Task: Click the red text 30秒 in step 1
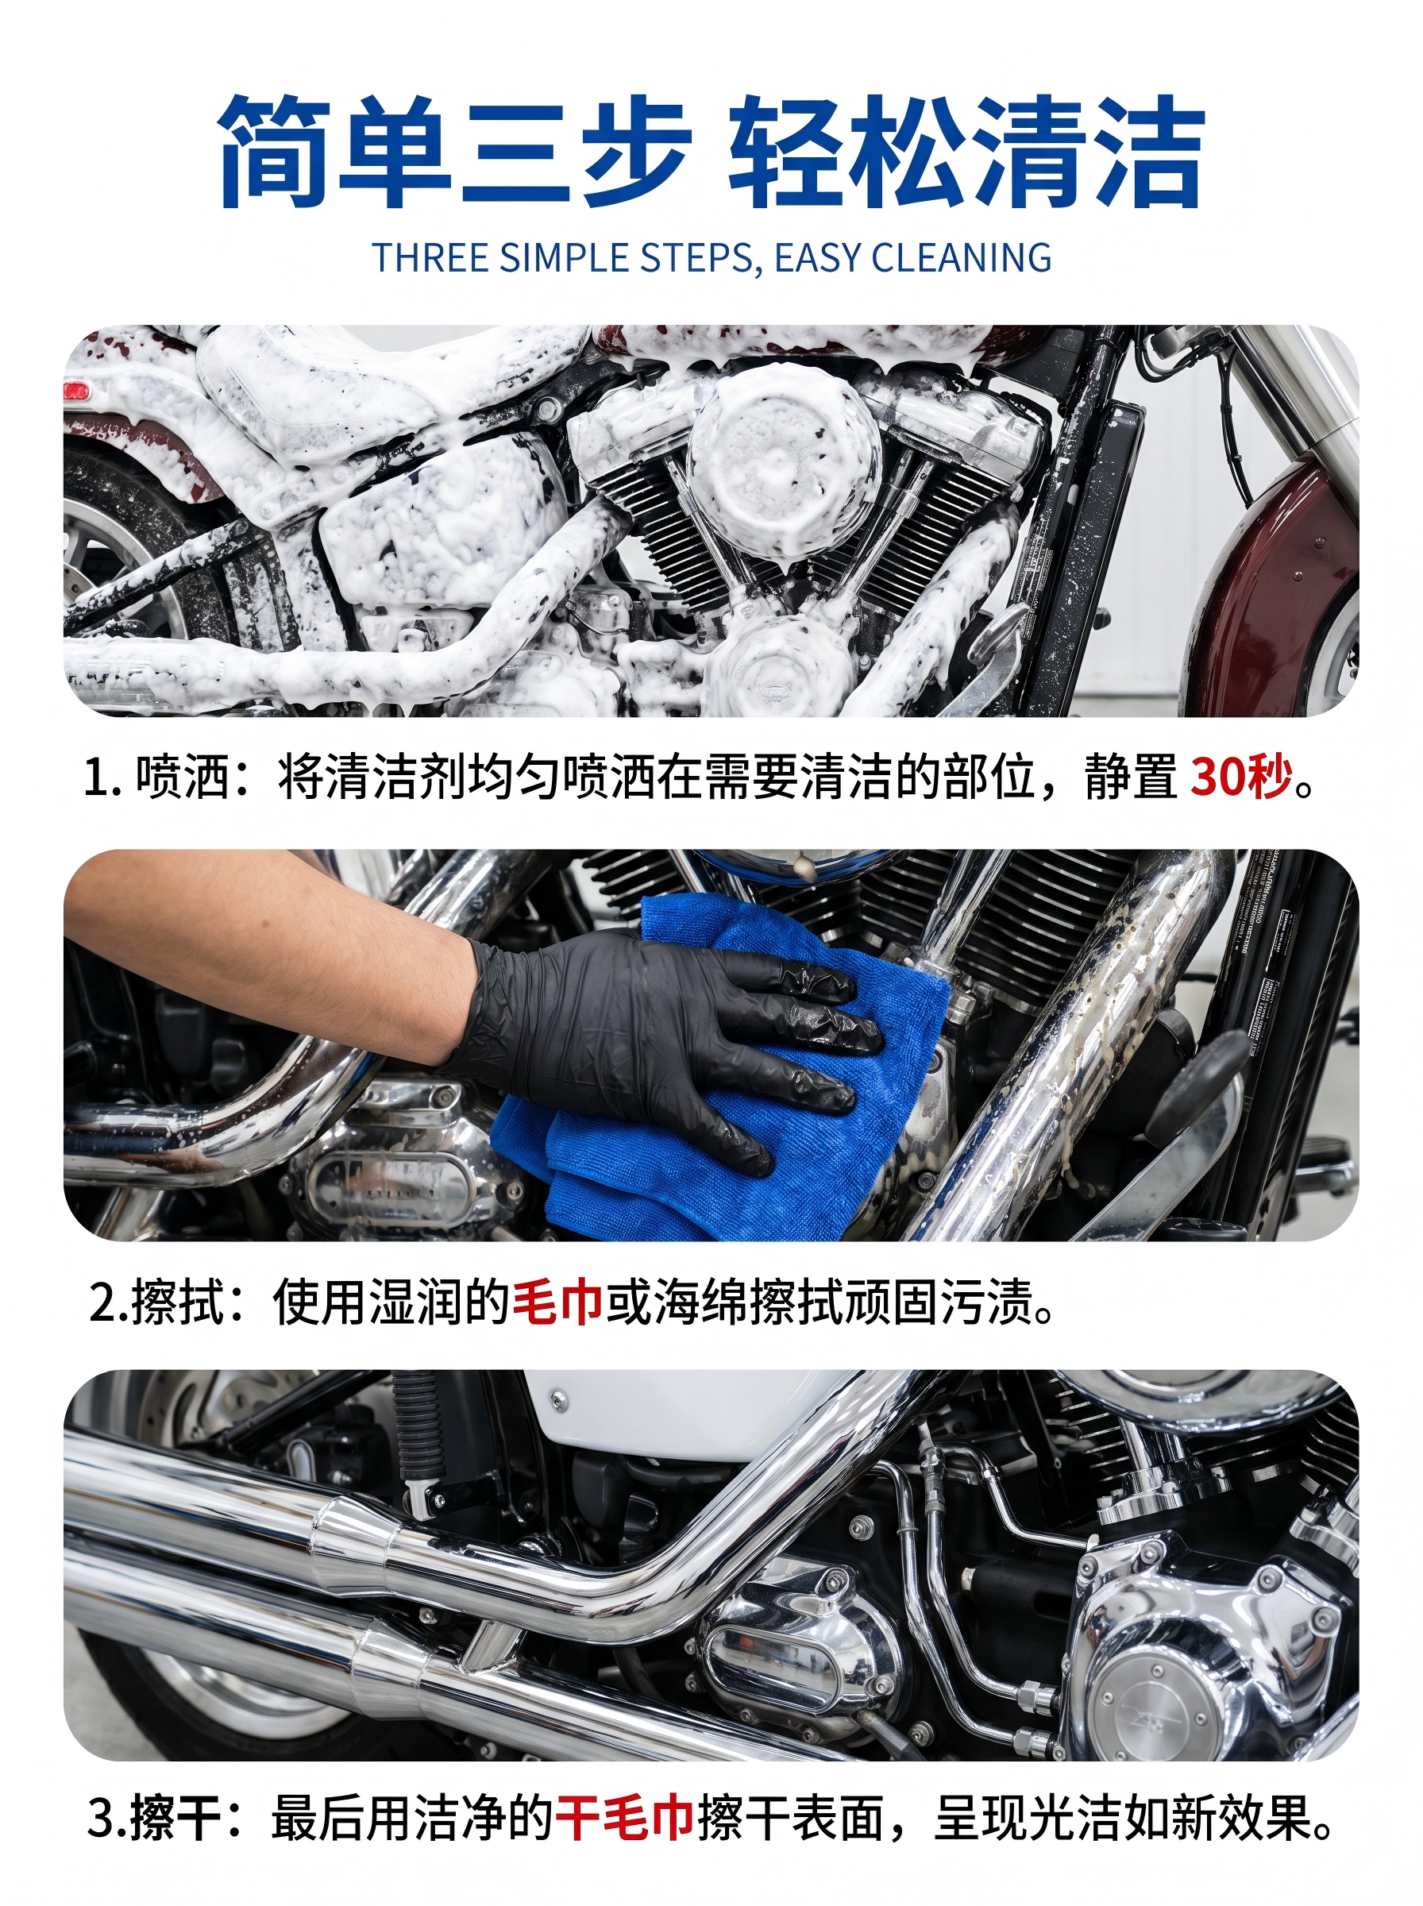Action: tap(1242, 777)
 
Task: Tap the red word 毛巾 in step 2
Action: tap(557, 1302)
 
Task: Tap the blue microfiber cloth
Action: tap(723, 1077)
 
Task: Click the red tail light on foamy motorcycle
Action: tap(78, 392)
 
